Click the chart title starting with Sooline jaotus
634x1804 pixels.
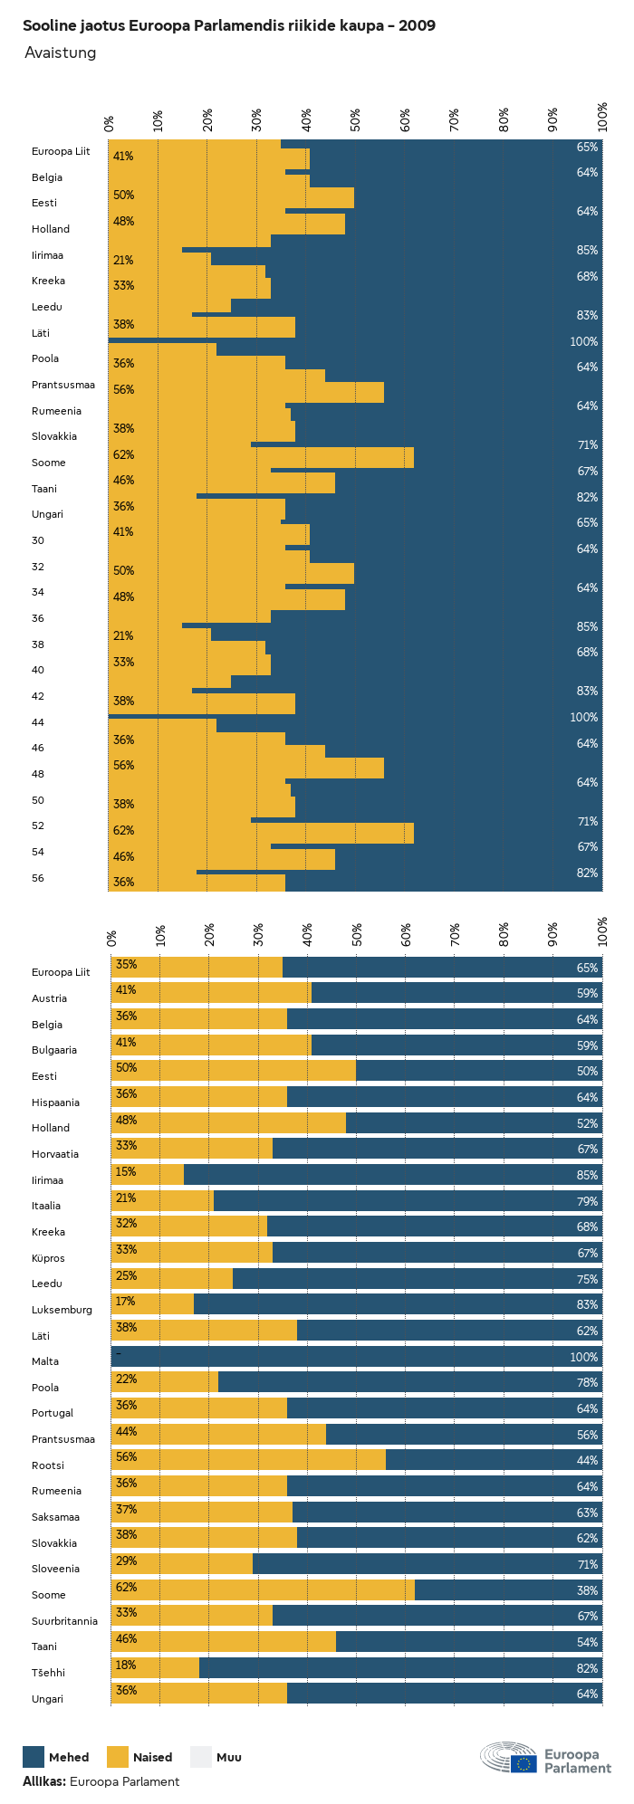click(229, 25)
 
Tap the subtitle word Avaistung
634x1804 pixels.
click(61, 52)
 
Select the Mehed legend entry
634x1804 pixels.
click(56, 1757)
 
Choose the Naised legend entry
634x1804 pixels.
click(139, 1757)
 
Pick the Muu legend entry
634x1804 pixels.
click(216, 1757)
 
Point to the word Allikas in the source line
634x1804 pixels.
click(43, 1781)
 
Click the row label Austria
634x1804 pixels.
click(49, 998)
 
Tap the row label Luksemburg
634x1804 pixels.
click(62, 1310)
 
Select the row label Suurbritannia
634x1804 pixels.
click(64, 1621)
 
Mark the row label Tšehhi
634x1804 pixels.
click(48, 1673)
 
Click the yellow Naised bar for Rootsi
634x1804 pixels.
click(248, 1460)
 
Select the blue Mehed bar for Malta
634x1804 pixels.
click(357, 1357)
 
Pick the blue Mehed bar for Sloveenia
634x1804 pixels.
click(426, 1564)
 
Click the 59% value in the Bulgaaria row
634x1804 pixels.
click(587, 1045)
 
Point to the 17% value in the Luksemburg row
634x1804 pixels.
click(125, 1302)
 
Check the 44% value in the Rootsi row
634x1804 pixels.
click(587, 1460)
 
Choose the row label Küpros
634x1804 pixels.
click(48, 1258)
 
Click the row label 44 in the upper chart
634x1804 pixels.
click(38, 722)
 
